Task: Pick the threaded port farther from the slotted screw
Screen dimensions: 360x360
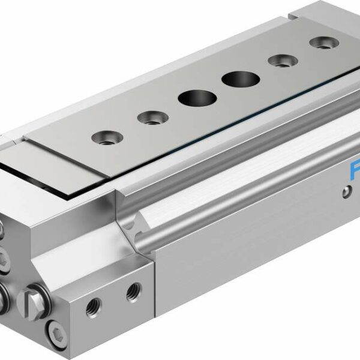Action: pyautogui.click(x=131, y=292)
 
